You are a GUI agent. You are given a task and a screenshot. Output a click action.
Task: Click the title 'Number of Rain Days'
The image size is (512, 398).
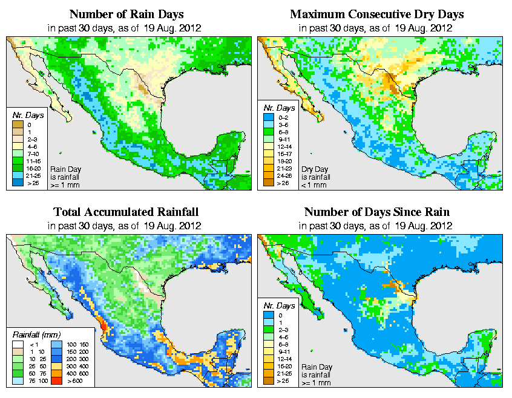coord(126,14)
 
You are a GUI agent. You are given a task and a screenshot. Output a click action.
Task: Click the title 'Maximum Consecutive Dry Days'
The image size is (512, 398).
coord(376,14)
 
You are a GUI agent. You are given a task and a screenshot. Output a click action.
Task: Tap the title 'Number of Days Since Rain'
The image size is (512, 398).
coord(376,212)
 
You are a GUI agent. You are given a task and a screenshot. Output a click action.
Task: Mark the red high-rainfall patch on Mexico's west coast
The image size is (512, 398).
coord(102,327)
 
